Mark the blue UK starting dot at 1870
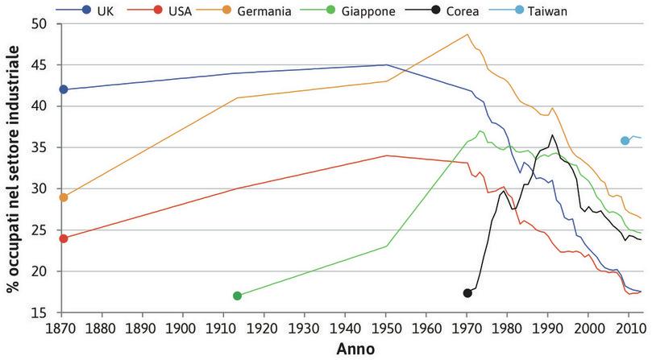(x=64, y=89)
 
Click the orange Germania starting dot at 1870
(x=64, y=197)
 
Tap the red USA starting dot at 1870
(x=64, y=238)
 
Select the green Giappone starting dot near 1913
(x=237, y=296)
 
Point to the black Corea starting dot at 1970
(x=467, y=292)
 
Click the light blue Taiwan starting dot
(x=625, y=141)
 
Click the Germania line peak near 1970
(x=467, y=35)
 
